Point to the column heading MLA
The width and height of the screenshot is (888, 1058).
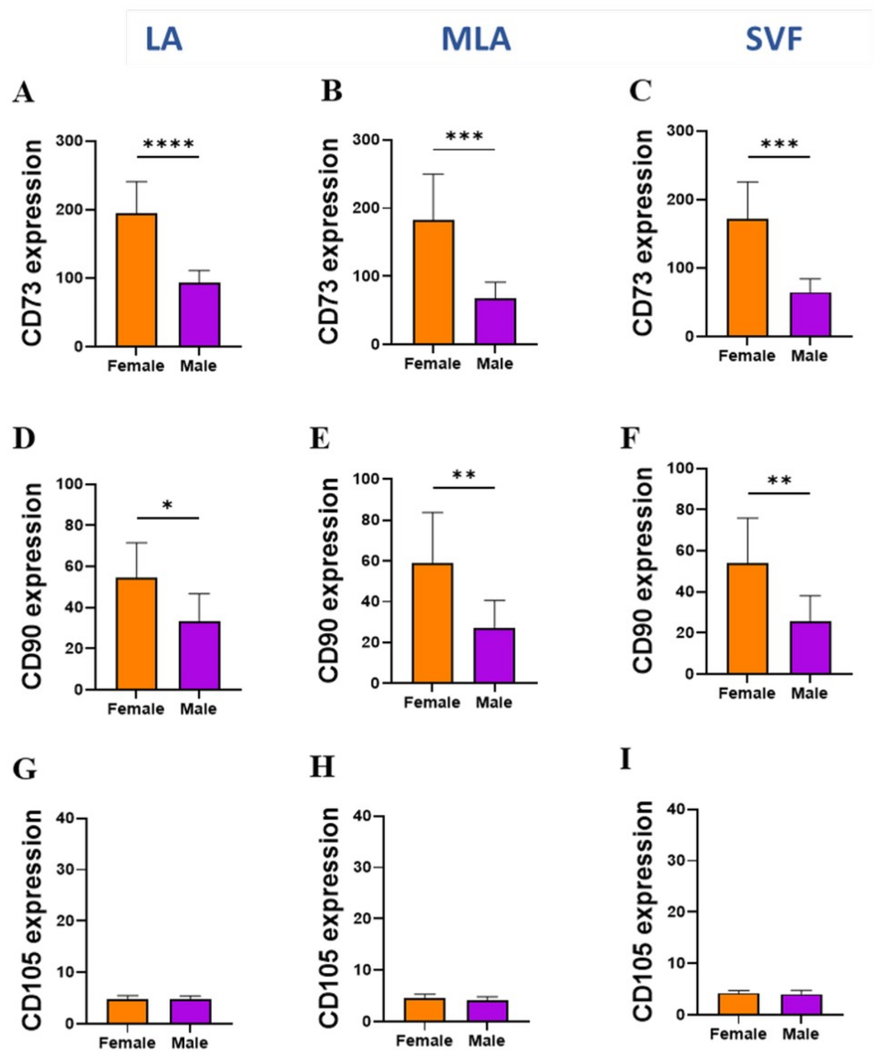click(x=476, y=39)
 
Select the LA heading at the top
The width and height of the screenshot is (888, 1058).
click(x=164, y=39)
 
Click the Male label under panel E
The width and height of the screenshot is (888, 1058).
click(x=494, y=702)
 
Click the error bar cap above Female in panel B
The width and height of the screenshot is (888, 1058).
click(x=433, y=174)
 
